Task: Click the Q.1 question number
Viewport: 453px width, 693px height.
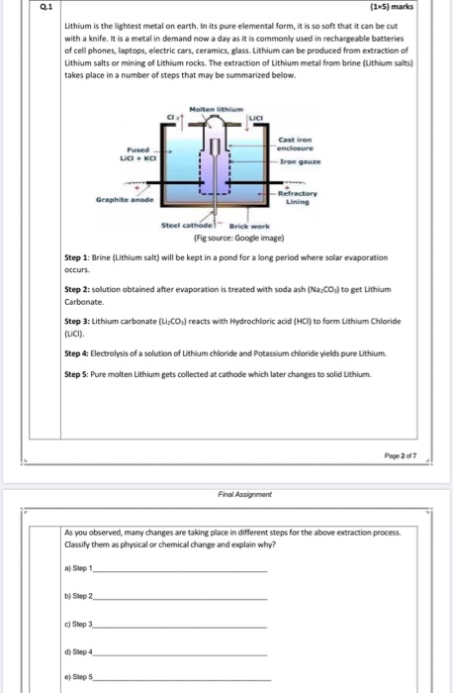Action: (x=45, y=7)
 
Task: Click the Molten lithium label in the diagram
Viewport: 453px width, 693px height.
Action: (x=217, y=109)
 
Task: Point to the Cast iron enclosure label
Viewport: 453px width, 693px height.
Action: (x=296, y=145)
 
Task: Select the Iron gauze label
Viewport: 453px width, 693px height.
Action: (x=301, y=161)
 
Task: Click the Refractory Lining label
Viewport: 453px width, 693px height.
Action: (x=298, y=198)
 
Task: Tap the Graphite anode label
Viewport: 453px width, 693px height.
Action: (x=125, y=200)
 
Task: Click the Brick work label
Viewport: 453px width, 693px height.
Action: (x=249, y=227)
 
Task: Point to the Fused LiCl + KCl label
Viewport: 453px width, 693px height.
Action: (x=138, y=153)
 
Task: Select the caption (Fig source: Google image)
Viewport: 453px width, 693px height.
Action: (x=238, y=239)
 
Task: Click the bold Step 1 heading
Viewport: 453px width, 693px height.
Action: (x=77, y=257)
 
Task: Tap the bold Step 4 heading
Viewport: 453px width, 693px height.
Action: (x=77, y=353)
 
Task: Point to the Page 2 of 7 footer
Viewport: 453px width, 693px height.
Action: (x=400, y=455)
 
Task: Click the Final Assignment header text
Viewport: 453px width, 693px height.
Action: (x=245, y=494)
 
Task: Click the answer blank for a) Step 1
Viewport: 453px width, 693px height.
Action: (x=180, y=572)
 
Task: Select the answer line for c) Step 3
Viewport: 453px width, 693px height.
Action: (x=180, y=628)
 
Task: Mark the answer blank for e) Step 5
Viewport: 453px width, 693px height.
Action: (x=182, y=680)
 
